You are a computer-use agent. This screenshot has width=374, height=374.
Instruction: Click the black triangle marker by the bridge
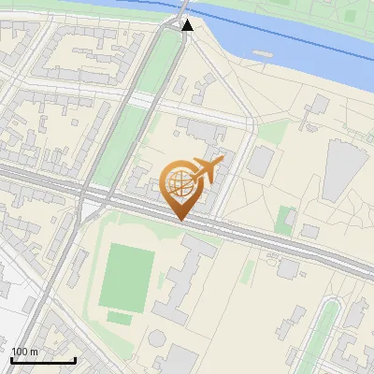point(187,25)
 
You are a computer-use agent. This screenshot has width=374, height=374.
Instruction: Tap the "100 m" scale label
point(25,352)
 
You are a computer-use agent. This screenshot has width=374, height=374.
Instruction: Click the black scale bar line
point(42,360)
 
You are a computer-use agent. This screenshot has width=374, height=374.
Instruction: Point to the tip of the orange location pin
point(179,220)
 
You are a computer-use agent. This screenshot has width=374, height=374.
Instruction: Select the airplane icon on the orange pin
point(206,171)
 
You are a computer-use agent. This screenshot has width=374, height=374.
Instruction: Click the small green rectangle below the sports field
point(119,317)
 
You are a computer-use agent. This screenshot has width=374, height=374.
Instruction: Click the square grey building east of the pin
point(260,161)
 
